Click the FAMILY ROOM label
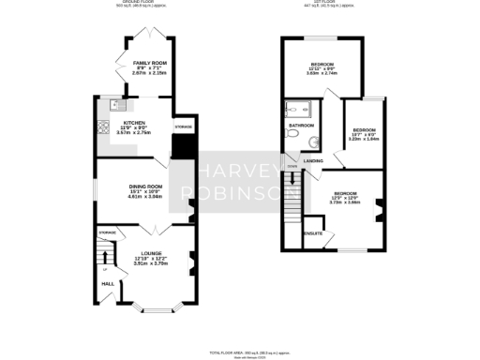click(150, 62)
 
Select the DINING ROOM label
click(145, 187)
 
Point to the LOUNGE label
click(151, 253)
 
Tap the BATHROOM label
click(301, 125)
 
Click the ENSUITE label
click(312, 232)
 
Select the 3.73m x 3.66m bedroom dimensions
click(346, 202)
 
